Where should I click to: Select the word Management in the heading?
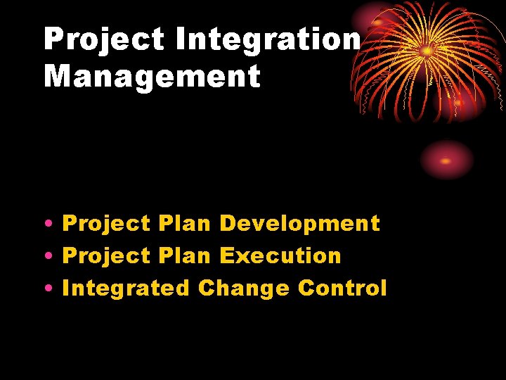pyautogui.click(x=152, y=76)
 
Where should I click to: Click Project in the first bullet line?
pyautogui.click(x=106, y=224)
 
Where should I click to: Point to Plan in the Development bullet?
pyautogui.click(x=184, y=224)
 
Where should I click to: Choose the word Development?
pyautogui.click(x=299, y=224)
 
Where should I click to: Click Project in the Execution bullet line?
pyautogui.click(x=106, y=255)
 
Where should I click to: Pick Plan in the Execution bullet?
pyautogui.click(x=184, y=255)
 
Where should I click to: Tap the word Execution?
pyautogui.click(x=280, y=255)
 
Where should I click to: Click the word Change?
pyautogui.click(x=243, y=288)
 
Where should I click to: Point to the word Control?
pyautogui.click(x=342, y=288)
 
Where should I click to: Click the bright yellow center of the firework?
pyautogui.click(x=427, y=51)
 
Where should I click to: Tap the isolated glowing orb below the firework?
pyautogui.click(x=446, y=160)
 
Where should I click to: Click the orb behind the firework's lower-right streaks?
pyautogui.click(x=459, y=103)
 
